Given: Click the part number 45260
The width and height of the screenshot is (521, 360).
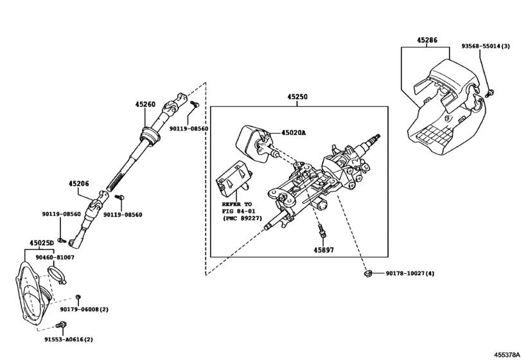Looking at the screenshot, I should (x=146, y=104).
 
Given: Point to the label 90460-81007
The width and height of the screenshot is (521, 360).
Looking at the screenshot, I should (x=55, y=257).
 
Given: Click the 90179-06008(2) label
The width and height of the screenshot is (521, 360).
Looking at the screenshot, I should (x=84, y=309).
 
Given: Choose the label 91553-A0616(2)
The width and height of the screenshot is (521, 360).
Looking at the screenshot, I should (x=69, y=339).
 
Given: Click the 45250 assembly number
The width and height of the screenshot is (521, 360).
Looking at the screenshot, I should (x=297, y=97).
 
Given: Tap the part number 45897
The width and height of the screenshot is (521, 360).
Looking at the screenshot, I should (x=324, y=249).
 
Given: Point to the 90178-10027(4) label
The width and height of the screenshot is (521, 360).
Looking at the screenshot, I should (x=410, y=274).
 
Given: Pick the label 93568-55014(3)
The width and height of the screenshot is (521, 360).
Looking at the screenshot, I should (x=485, y=46).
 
